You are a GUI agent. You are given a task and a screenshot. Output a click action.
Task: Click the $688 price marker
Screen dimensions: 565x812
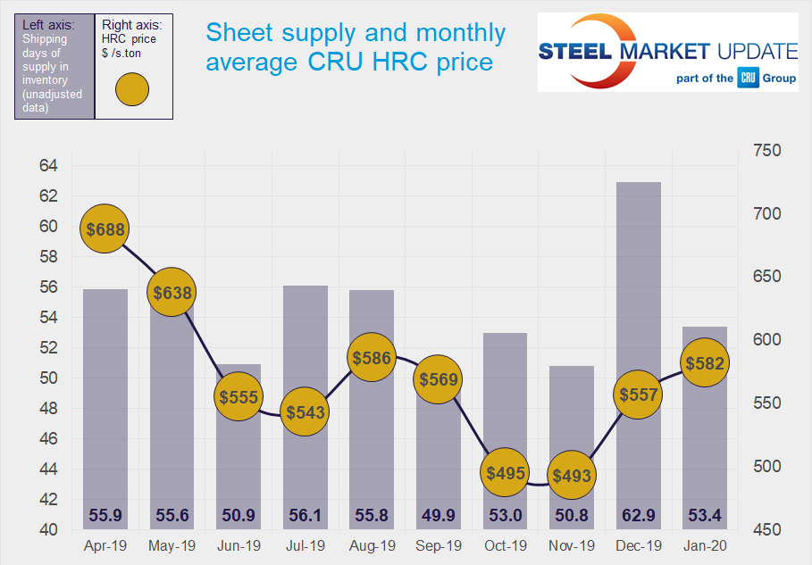pyautogui.click(x=104, y=229)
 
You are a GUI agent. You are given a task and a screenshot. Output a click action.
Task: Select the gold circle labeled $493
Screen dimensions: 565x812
pyautogui.click(x=572, y=476)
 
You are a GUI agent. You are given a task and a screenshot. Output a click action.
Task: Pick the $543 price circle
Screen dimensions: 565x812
pyautogui.click(x=305, y=412)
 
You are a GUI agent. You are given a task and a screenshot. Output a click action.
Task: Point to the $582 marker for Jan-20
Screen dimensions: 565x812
pyautogui.click(x=704, y=363)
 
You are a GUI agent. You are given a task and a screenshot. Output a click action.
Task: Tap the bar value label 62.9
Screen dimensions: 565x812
pyautogui.click(x=638, y=516)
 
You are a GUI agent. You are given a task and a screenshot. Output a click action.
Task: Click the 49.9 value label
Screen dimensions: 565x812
pyautogui.click(x=438, y=516)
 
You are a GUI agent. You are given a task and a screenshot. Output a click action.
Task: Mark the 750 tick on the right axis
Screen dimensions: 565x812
pyautogui.click(x=767, y=151)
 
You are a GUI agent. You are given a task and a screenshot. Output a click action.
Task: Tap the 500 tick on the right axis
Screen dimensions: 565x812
pyautogui.click(x=767, y=466)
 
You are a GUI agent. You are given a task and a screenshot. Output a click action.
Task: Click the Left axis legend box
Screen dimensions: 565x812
pyautogui.click(x=54, y=66)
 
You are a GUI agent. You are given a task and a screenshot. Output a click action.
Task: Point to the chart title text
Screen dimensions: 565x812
pyautogui.click(x=356, y=47)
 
